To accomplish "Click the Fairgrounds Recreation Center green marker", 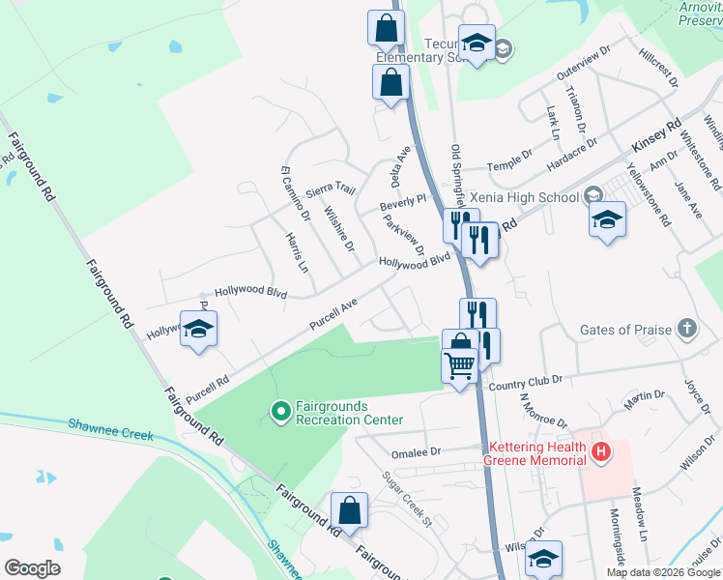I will tap(280, 413).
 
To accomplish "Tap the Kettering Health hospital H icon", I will tap(601, 451).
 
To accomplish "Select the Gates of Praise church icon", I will tap(686, 329).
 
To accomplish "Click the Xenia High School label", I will tap(525, 196).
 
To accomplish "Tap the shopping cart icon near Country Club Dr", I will tap(459, 364).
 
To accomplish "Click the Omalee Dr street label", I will tap(416, 451).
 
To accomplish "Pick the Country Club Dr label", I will tap(525, 383).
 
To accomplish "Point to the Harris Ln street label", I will tap(296, 251).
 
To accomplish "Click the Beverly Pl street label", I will tap(402, 203).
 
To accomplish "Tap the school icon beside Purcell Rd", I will tap(198, 330).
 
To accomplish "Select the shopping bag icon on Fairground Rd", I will tap(349, 510).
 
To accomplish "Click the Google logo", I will tap(32, 567).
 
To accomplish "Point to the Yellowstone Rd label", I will tap(649, 193).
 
